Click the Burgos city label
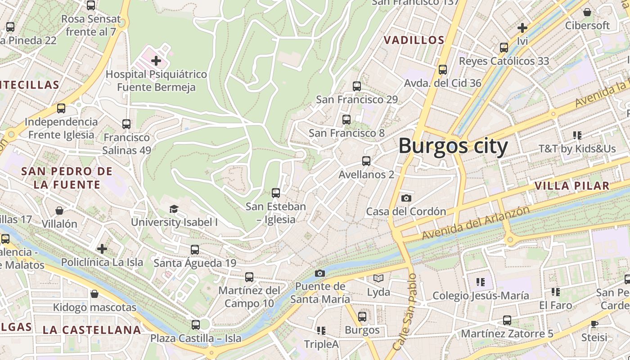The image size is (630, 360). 453,146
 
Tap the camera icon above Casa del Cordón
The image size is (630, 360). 406,198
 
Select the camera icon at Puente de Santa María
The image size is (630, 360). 319,273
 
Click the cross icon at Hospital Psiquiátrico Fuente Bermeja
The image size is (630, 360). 156,60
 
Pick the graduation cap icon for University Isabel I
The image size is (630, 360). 174,209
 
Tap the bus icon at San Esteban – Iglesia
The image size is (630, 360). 276,193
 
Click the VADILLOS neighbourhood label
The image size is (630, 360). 414,40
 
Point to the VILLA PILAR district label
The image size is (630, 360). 572,185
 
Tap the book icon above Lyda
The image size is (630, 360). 378,279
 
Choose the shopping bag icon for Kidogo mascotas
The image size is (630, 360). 94,294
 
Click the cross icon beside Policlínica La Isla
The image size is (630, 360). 102,248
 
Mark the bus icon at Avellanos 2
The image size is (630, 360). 366,161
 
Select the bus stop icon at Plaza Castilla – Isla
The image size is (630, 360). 195,324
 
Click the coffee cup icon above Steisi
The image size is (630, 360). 594,324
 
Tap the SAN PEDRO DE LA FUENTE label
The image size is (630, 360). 67,178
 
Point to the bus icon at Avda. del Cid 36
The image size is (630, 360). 443,70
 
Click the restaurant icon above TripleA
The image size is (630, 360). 321,331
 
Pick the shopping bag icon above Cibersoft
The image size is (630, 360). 587,12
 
